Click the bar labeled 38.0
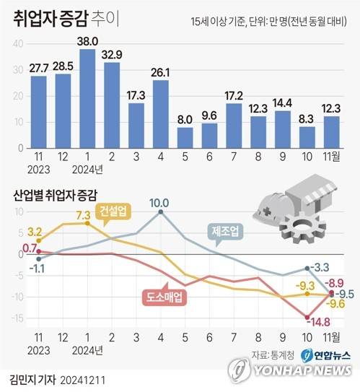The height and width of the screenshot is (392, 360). [88, 98]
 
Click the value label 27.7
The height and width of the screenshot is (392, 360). [38, 68]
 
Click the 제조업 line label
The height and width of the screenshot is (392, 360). [226, 232]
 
